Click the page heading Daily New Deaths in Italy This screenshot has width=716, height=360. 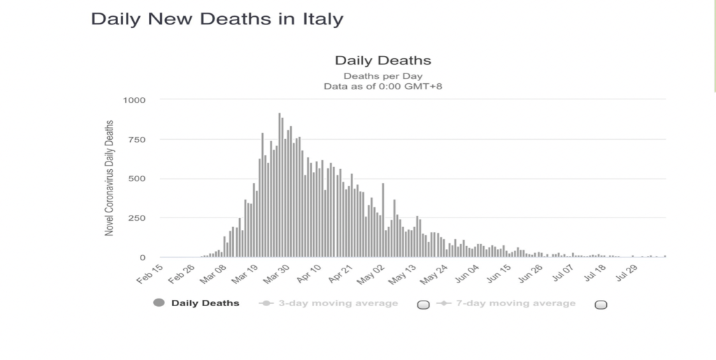tap(217, 19)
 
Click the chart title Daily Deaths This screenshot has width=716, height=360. tap(382, 61)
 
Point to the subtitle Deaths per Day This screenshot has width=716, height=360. tap(382, 75)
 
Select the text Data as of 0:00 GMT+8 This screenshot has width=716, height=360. tap(382, 87)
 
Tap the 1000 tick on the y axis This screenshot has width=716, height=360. tap(134, 100)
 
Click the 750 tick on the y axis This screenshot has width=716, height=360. tap(136, 140)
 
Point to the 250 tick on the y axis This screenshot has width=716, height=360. tap(136, 218)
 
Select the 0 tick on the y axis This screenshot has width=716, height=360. tap(142, 258)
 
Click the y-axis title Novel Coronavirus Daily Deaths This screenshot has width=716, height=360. tap(110, 178)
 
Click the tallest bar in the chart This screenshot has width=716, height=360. tap(280, 185)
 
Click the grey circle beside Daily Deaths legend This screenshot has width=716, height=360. tap(159, 303)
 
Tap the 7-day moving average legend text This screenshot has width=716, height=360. tap(516, 303)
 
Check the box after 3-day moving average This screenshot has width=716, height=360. tap(422, 305)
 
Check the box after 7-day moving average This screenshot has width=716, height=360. tap(601, 305)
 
